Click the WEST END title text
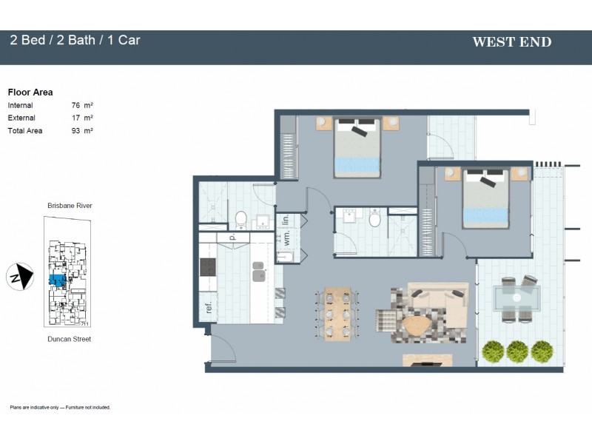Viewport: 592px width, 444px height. coord(511,42)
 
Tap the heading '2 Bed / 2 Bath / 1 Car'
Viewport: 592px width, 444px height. coord(75,40)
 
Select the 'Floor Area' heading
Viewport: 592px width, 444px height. coord(30,92)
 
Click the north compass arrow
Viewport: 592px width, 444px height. coord(23,277)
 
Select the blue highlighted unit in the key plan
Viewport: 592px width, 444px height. coord(56,281)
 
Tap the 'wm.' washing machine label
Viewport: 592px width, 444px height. coord(286,238)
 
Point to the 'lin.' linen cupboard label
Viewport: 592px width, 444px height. coord(285,221)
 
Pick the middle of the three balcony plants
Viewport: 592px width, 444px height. coord(517,351)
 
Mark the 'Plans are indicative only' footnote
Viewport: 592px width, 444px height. coord(60,408)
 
